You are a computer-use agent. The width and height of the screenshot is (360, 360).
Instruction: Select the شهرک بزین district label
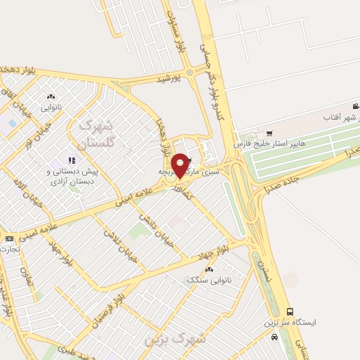[175, 339]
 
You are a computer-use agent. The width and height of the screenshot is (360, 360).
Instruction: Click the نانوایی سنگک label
[208, 280]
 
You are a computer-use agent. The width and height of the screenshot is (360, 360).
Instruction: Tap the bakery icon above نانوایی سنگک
[208, 269]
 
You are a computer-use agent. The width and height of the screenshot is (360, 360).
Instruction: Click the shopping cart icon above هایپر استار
[269, 133]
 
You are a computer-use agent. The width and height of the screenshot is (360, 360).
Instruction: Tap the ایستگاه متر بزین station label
[290, 322]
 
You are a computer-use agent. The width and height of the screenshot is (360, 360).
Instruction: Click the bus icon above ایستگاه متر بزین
[290, 311]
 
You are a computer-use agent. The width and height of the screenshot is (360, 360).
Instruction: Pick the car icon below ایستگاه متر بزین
[274, 337]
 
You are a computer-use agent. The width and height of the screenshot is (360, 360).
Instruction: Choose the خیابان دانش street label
[154, 226]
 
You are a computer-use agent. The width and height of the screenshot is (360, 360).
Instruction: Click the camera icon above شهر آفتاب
[356, 107]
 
